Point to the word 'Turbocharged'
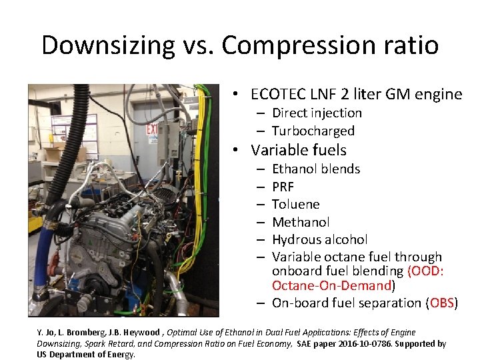pyautogui.click(x=313, y=131)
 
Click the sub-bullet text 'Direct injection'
pyautogui.click(x=317, y=113)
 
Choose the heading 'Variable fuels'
pyautogui.click(x=299, y=151)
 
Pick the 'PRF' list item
pyautogui.click(x=283, y=187)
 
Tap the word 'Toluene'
pyautogui.click(x=295, y=204)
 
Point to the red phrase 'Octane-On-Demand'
pyautogui.click(x=331, y=286)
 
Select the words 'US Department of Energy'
pyautogui.click(x=86, y=355)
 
